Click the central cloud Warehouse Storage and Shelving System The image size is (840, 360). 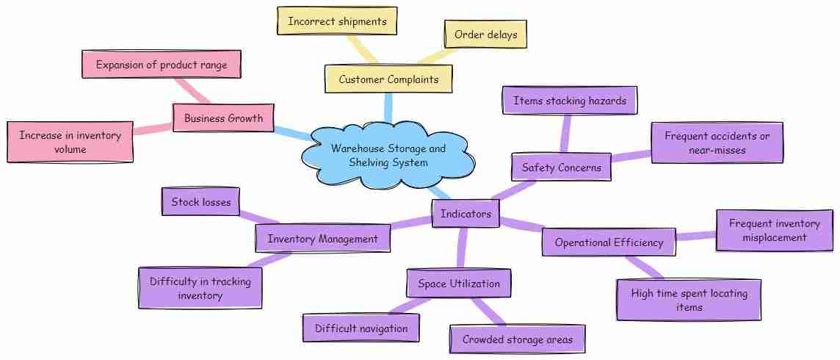click(388, 155)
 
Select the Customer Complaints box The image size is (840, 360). click(388, 79)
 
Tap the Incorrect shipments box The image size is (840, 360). click(337, 21)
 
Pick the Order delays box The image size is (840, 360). click(485, 35)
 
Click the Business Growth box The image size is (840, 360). click(223, 118)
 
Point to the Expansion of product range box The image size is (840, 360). click(162, 65)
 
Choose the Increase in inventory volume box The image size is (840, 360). click(70, 142)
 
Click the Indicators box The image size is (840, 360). click(466, 214)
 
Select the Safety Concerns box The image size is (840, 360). click(562, 168)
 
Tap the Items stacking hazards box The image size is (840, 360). click(570, 100)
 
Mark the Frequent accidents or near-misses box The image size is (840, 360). click(717, 143)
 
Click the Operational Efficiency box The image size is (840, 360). click(609, 242)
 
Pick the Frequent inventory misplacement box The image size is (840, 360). click(774, 231)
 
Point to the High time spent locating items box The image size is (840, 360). click(689, 300)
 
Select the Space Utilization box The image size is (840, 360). click(459, 284)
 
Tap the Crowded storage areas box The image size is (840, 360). click(517, 339)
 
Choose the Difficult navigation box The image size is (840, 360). click(361, 328)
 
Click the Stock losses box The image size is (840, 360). click(201, 201)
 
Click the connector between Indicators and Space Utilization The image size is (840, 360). click(462, 248)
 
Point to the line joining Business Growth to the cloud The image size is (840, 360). click(292, 132)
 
